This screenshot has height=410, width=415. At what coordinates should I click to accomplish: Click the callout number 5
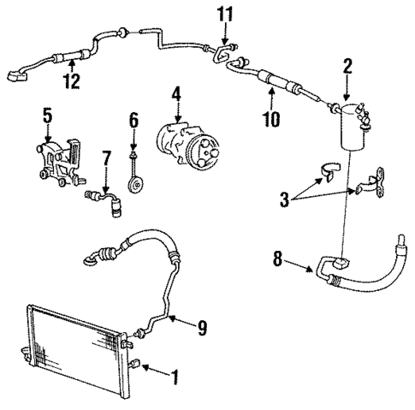[47, 115]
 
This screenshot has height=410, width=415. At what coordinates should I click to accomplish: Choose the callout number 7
[106, 158]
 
